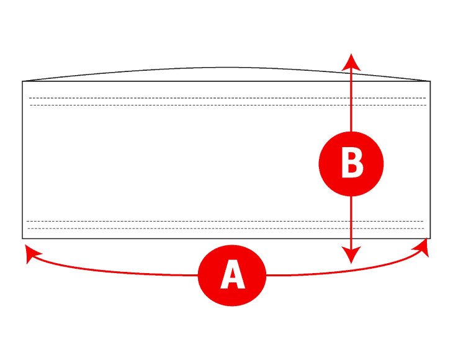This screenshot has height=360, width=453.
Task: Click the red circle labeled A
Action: click(x=232, y=275)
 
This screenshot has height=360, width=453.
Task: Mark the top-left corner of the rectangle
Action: click(x=23, y=81)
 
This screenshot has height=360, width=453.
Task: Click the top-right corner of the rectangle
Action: click(x=430, y=81)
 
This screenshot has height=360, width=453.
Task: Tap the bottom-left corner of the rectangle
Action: click(x=23, y=238)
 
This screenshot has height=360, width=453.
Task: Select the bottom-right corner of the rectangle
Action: click(x=430, y=238)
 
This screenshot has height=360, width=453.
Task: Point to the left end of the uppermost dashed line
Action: click(x=29, y=98)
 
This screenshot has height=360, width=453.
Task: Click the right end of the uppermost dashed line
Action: click(x=426, y=98)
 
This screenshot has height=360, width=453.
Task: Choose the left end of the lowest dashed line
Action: click(x=28, y=228)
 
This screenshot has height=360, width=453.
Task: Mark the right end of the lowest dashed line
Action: click(x=423, y=228)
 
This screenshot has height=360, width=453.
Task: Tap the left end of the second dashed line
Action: click(x=29, y=105)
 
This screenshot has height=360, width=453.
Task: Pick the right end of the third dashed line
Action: click(x=423, y=221)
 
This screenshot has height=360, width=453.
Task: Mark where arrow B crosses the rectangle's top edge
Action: click(x=352, y=81)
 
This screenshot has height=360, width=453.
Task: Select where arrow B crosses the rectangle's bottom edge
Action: click(x=352, y=238)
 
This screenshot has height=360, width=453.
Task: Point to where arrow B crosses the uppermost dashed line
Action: click(x=352, y=98)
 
